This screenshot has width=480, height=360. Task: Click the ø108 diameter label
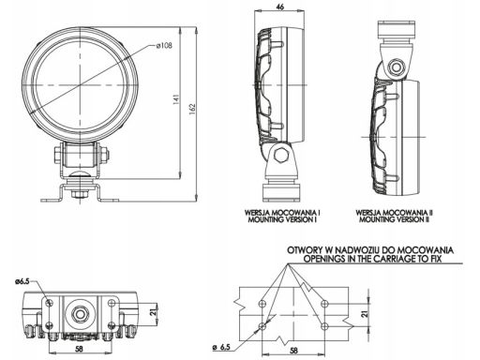[164, 46]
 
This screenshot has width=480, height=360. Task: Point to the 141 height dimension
[176, 98]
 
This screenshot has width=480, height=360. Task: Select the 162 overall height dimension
[192, 109]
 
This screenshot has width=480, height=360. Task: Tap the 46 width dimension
[280, 7]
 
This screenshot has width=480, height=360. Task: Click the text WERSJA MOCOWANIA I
[283, 213]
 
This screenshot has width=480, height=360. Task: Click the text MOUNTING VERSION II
[394, 219]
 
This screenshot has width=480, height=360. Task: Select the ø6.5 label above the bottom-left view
[22, 281]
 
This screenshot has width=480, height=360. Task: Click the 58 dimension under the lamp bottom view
[80, 349]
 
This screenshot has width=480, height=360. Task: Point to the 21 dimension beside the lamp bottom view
[153, 312]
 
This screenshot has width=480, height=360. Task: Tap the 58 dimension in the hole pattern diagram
[293, 351]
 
